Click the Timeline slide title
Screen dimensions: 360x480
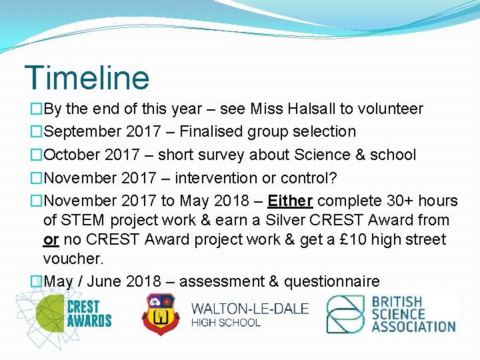tap(87, 77)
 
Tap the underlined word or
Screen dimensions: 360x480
tap(51, 239)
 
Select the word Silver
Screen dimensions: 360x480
tap(288, 220)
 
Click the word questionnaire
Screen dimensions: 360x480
tap(332, 281)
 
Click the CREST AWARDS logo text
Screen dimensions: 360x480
tap(89, 313)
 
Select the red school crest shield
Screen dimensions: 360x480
tap(160, 314)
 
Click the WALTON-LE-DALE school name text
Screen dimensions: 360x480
tap(250, 309)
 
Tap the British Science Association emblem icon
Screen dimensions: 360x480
tap(345, 315)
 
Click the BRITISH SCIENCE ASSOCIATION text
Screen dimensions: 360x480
tap(413, 315)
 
